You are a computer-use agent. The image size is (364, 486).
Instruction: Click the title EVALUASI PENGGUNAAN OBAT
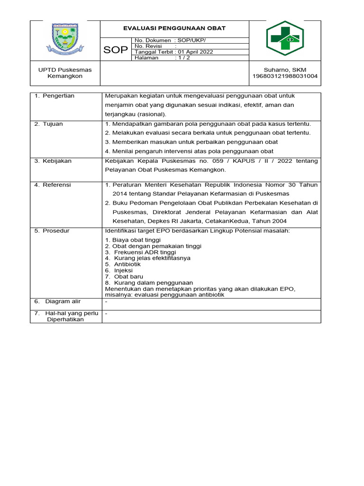(x=174, y=28)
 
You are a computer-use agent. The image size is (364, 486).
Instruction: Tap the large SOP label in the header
(x=116, y=50)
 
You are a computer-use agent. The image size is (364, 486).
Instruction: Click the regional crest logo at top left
(x=65, y=40)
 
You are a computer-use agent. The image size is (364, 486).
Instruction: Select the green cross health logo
(x=284, y=38)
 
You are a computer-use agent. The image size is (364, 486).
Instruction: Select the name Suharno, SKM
(x=285, y=70)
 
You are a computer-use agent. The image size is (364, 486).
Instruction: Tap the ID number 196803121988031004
(x=285, y=76)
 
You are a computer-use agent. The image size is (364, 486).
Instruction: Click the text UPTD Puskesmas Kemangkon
(x=65, y=73)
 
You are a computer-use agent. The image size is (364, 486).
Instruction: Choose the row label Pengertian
(x=58, y=96)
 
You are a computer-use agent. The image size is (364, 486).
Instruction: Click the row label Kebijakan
(x=57, y=161)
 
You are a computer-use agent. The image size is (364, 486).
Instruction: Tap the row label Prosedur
(x=56, y=231)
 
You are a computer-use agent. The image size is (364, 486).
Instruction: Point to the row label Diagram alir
(x=63, y=301)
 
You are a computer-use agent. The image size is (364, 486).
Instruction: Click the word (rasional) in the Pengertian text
(x=151, y=114)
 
